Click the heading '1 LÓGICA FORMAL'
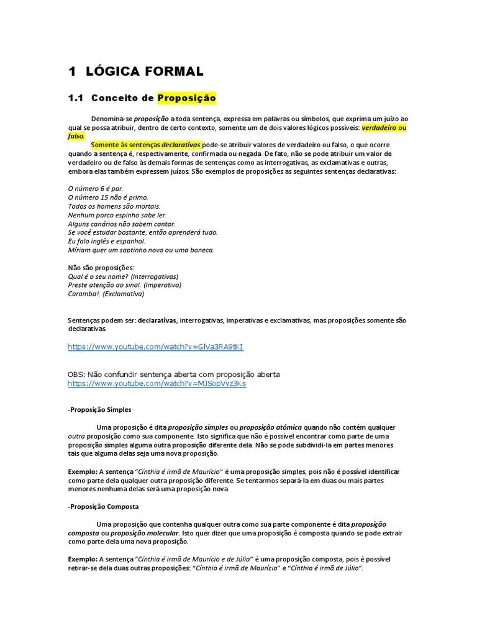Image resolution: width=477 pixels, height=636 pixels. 135,71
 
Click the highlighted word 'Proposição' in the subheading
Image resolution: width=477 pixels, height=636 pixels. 186,98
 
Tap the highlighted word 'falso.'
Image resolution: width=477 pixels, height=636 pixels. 76,136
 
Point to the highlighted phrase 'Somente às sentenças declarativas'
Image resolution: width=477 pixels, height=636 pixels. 146,145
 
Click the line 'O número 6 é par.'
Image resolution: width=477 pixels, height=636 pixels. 95,188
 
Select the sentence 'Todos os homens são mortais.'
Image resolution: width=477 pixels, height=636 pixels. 114,206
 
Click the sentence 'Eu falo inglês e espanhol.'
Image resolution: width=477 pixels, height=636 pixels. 106,241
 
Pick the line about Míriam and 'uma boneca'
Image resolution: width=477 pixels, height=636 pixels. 140,250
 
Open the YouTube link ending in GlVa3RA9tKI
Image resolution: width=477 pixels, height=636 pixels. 155,347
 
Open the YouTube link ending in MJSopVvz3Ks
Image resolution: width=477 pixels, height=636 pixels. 157,384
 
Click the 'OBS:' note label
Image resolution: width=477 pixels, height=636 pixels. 76,375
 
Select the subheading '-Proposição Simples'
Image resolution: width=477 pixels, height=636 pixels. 99,410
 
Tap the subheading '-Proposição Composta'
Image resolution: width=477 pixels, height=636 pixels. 103,507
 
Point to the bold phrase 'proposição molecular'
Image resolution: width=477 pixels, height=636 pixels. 143,533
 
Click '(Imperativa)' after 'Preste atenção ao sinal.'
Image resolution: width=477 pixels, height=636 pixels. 162,285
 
